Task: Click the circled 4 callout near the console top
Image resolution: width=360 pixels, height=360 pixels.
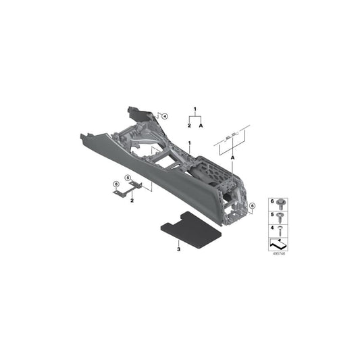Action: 164,116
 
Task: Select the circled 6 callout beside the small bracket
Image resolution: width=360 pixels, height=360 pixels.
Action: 115,184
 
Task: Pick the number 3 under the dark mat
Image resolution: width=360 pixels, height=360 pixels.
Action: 178,249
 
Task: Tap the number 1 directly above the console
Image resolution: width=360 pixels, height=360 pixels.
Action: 190,143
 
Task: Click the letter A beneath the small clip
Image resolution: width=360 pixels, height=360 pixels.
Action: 232,157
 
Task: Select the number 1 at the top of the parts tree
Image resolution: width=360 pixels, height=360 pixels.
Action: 195,109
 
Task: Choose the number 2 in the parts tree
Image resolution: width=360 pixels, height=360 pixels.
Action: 189,126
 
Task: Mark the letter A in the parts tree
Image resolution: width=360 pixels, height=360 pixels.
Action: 201,126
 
